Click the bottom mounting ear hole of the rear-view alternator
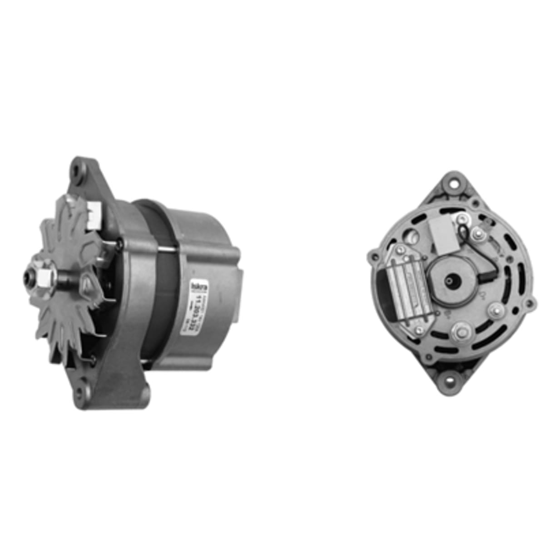(x=451, y=377)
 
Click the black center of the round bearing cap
(x=453, y=280)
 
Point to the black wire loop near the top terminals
(x=464, y=233)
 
